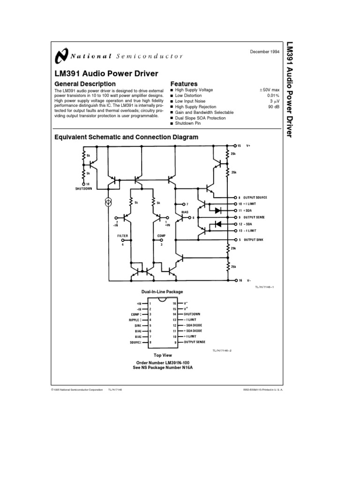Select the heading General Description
85,84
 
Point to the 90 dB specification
273,107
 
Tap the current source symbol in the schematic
108,202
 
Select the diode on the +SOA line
218,210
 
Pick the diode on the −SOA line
218,224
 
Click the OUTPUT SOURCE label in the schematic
255,198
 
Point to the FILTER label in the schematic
123,236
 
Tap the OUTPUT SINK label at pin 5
253,240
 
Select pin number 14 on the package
174,314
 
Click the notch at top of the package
162,299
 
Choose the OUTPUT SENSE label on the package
195,342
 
